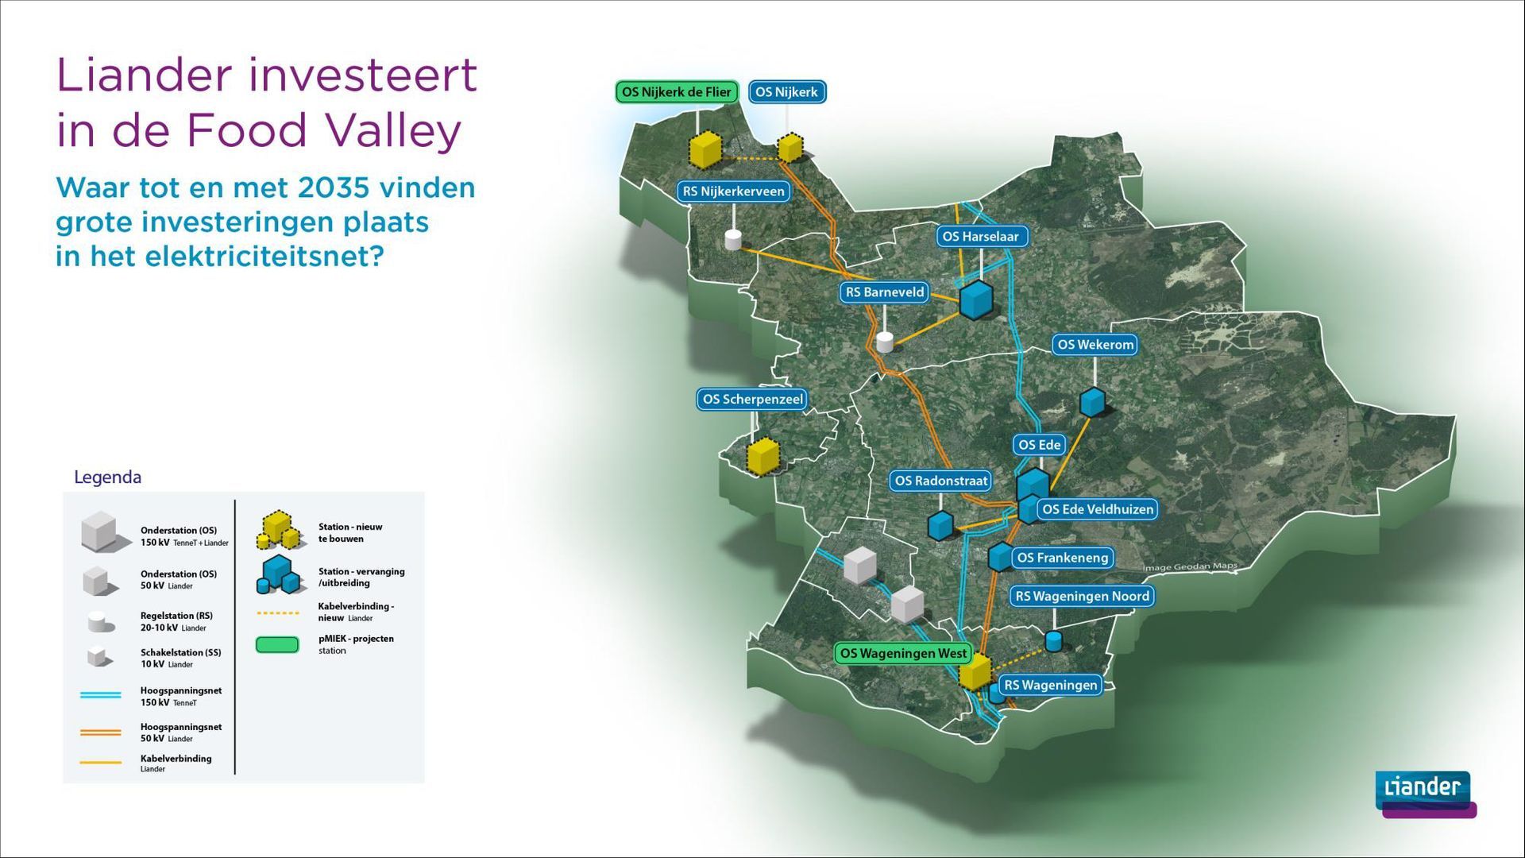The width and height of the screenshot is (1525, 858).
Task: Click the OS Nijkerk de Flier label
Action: coord(676,92)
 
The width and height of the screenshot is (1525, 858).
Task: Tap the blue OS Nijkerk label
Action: coord(786,92)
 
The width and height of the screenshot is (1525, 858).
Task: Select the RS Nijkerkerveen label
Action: coord(733,191)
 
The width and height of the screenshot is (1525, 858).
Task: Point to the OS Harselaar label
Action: coord(980,236)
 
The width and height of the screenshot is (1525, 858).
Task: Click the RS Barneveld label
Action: coord(885,292)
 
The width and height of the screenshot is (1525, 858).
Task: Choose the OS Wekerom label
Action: coord(1095,345)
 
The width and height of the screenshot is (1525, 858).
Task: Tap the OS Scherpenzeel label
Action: coord(752,400)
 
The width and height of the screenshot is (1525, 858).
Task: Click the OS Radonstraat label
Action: coord(941,481)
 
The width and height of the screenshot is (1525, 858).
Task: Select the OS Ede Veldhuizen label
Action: coord(1098,509)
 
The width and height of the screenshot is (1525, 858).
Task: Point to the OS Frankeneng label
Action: coord(1062,558)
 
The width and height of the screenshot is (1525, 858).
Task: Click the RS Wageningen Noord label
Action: coord(1082,597)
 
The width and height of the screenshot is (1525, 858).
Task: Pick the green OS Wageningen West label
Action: coord(903,654)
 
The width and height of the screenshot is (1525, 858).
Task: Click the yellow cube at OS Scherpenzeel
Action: coord(763,456)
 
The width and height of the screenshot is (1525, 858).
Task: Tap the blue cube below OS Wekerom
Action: coord(1092,402)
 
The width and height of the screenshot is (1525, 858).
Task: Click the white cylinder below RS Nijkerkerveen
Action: coord(733,240)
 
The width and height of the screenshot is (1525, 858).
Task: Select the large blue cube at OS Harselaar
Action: coord(976,300)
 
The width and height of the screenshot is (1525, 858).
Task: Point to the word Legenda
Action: coord(107,477)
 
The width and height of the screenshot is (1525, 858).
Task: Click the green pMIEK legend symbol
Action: coord(277,644)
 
